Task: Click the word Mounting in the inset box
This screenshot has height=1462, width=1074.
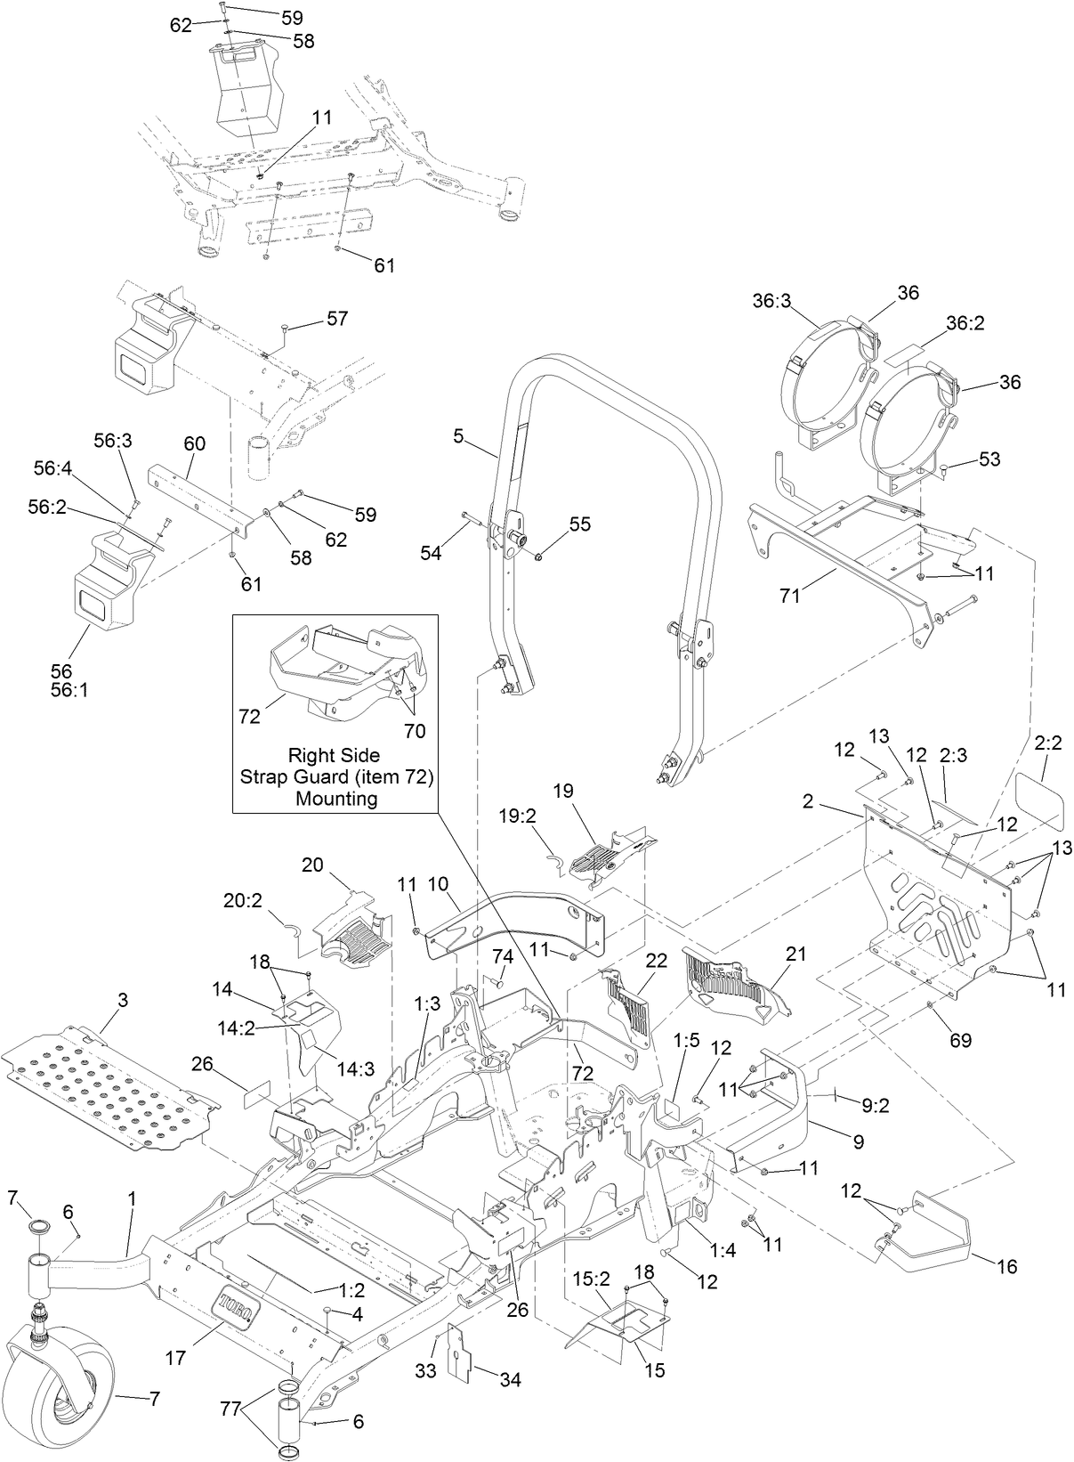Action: pos(335,798)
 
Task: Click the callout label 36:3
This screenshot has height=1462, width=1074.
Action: pos(771,301)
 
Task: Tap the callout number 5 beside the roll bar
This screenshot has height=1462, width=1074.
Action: pos(458,436)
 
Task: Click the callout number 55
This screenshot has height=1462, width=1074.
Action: pos(579,524)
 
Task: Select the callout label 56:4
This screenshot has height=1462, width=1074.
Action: pos(52,467)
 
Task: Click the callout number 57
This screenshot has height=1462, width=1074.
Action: pos(337,318)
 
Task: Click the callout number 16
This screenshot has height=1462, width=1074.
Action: pos(1006,1265)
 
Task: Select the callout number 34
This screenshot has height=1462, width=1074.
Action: pos(510,1380)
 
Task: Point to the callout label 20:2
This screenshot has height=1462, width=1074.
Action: pos(243,901)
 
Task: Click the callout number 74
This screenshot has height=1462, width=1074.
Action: pos(503,955)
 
